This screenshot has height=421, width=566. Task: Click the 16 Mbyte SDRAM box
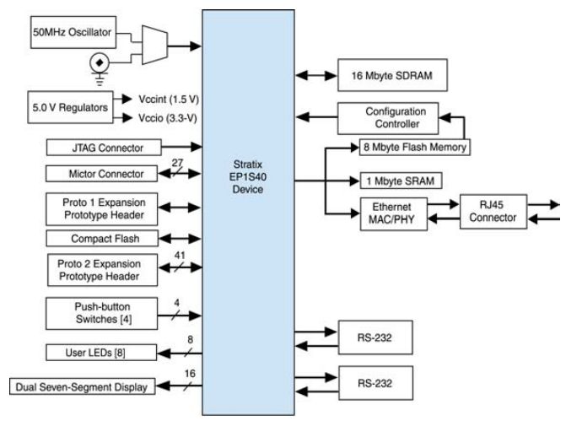[391, 75]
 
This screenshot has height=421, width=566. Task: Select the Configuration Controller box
[396, 117]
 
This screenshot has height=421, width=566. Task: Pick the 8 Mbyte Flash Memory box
[414, 147]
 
